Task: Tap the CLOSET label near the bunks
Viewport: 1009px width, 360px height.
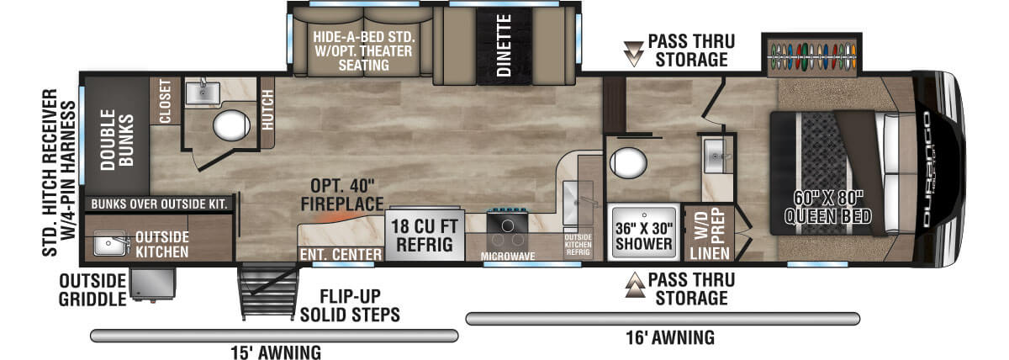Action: pos(165,101)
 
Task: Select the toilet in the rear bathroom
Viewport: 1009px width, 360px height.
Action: pos(231,124)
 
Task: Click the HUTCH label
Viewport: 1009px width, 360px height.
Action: pos(267,110)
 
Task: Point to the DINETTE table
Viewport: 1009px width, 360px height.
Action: pos(504,45)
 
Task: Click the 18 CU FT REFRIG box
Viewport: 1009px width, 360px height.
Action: pos(425,235)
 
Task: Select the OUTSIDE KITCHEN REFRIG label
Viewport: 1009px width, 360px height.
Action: pos(578,245)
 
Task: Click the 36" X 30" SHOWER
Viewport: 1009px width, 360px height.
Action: pos(644,233)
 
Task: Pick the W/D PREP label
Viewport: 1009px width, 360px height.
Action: pos(710,224)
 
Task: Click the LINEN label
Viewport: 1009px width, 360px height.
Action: pos(710,253)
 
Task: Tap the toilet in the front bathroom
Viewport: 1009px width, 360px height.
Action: pos(628,162)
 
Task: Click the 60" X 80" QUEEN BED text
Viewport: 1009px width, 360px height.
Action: pos(828,208)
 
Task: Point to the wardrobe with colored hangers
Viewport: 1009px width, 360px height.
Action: pos(811,56)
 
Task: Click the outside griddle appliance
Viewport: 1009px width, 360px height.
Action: pos(152,283)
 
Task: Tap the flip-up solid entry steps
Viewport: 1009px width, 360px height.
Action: pos(269,292)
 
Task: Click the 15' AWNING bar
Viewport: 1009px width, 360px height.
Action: pos(274,336)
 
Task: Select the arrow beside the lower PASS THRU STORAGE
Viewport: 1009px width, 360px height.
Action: pos(635,285)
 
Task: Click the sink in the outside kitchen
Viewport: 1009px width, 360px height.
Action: pos(110,243)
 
